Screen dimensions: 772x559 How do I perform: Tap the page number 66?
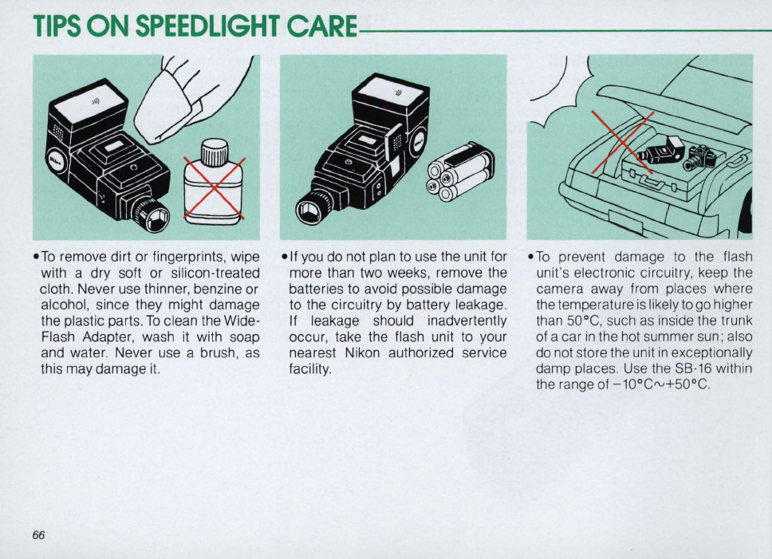coord(38,535)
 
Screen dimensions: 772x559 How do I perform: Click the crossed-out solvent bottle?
coord(213,181)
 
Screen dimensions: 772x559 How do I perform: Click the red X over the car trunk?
coord(623,142)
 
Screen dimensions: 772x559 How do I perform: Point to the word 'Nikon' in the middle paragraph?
coord(362,352)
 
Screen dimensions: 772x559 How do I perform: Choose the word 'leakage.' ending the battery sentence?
coord(482,305)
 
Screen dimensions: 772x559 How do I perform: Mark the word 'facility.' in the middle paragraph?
coord(309,369)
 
